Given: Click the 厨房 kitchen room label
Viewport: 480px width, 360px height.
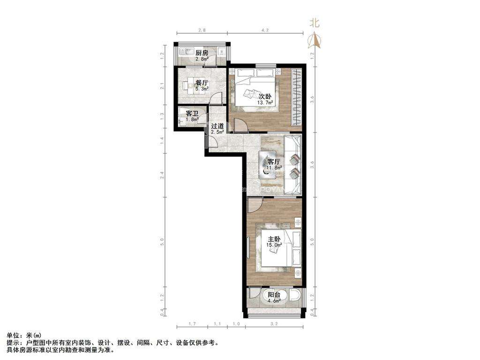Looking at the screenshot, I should (202, 52).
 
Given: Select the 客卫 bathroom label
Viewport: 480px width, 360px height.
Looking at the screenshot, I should (192, 113).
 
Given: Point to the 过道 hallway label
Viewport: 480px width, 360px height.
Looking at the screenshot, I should (217, 126).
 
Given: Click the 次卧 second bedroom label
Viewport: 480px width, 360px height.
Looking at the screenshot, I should (265, 97).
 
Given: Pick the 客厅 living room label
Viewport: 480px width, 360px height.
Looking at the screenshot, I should (273, 161).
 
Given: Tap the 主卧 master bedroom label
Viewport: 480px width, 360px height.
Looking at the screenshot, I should (273, 238).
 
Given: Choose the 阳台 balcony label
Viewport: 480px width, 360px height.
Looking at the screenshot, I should (274, 295).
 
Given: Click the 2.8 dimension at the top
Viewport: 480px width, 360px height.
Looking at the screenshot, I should (202, 30).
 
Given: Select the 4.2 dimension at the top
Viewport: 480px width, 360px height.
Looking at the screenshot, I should (265, 30).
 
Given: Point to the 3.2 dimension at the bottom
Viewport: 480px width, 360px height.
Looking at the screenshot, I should (274, 324).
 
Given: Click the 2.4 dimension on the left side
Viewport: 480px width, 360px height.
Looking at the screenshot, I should (162, 174).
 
